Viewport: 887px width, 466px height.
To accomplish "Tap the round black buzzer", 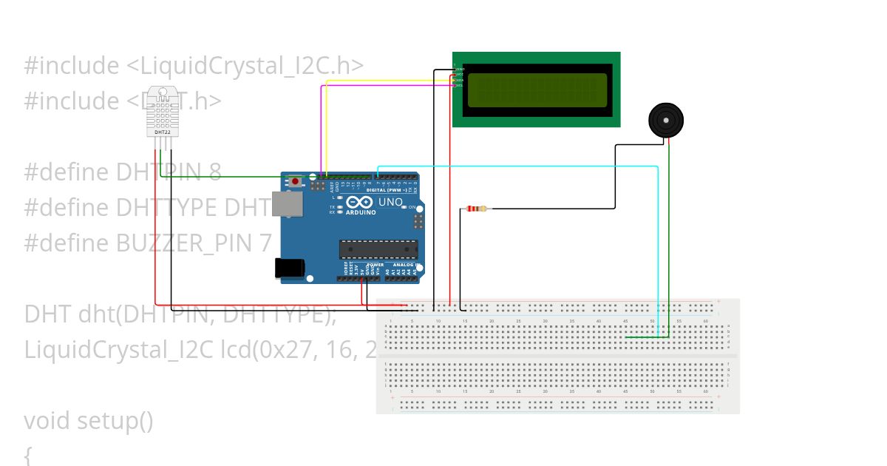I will pyautogui.click(x=666, y=120).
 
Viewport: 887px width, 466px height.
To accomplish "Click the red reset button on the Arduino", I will pyautogui.click(x=296, y=181).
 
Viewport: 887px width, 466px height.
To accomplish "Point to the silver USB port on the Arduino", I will pyautogui.click(x=287, y=204).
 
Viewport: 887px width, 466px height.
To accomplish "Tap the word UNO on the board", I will pyautogui.click(x=390, y=202).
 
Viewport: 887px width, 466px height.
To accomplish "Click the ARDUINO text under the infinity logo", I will pyautogui.click(x=358, y=213).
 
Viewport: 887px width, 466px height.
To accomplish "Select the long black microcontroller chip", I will pyautogui.click(x=378, y=249).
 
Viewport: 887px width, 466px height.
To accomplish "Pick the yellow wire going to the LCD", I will pyautogui.click(x=384, y=81).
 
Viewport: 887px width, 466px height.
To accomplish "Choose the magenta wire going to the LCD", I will pyautogui.click(x=384, y=86).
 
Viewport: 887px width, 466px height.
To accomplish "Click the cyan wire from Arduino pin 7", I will pyautogui.click(x=517, y=166).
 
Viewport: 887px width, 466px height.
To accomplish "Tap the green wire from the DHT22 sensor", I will pyautogui.click(x=222, y=177).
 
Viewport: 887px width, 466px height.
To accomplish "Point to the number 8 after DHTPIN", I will pyautogui.click(x=214, y=172).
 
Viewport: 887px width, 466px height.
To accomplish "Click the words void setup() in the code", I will pyautogui.click(x=89, y=421).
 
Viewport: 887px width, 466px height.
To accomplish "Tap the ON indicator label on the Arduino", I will pyautogui.click(x=412, y=207).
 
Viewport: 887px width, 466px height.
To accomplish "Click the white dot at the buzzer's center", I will pyautogui.click(x=666, y=119).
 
